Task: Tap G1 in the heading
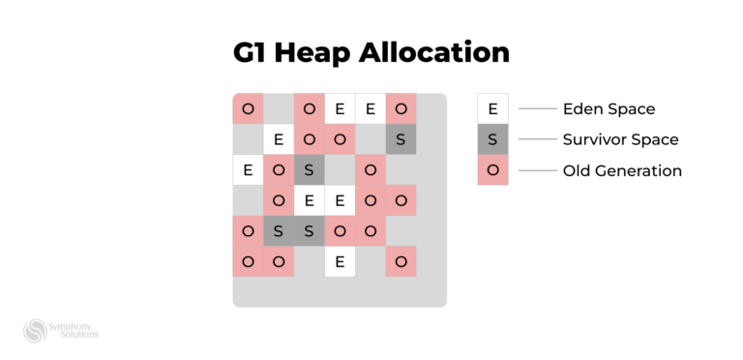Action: coord(250,52)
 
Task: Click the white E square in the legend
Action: coord(492,108)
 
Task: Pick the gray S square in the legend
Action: coord(492,139)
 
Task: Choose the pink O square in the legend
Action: coord(492,170)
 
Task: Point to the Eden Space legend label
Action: coord(609,109)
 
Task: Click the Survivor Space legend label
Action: coord(620,139)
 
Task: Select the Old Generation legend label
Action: coord(622,170)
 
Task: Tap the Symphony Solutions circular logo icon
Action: coord(36,331)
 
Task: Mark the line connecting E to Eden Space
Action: coord(539,108)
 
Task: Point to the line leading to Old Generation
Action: coord(539,170)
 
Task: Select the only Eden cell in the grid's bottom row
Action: coord(340,261)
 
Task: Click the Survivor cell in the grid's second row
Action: coord(401,139)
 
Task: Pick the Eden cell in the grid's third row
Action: coord(248,170)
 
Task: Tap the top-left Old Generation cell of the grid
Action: coord(248,108)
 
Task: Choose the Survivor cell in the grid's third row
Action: coord(309,170)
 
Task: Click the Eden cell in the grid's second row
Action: coord(279,139)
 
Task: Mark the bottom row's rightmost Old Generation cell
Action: coord(401,261)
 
